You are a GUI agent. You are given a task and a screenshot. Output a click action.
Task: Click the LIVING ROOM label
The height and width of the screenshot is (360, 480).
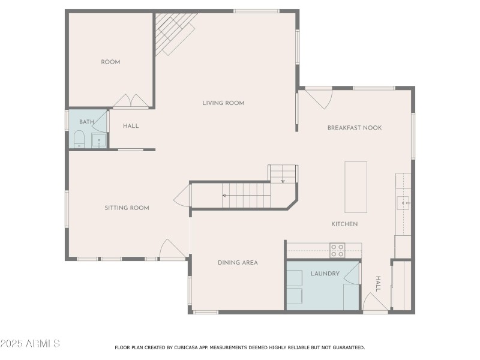point(223,103)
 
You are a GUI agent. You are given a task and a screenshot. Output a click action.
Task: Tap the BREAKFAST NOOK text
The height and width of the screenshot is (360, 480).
point(354,128)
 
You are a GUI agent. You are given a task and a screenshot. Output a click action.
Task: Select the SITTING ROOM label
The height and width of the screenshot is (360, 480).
point(127,208)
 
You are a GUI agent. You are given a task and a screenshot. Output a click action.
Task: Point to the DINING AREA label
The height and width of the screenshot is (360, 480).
point(238,263)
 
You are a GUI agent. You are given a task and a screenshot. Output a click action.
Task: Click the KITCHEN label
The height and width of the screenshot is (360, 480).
point(344,224)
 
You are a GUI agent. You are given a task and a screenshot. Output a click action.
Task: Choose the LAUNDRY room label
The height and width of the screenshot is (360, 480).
point(325,274)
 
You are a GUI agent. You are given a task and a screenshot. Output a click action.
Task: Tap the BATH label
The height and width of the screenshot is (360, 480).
point(87,122)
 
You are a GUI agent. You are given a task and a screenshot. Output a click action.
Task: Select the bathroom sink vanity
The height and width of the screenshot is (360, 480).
point(99,141)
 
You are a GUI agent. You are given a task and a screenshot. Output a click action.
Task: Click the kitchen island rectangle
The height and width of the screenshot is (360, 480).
point(356,187)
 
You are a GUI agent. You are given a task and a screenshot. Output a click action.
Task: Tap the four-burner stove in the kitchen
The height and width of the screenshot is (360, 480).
point(337,250)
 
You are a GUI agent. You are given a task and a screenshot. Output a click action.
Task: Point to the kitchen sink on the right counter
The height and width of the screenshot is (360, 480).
point(403,203)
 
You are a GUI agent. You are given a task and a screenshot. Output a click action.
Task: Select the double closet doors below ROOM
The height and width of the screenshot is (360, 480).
point(131,101)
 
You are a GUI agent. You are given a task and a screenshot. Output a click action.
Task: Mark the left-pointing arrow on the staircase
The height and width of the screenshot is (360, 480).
point(225,195)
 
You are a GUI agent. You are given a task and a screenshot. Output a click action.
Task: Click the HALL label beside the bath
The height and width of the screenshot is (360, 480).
point(131,126)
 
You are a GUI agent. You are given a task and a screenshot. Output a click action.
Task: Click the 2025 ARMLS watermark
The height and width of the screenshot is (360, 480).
point(30,344)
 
